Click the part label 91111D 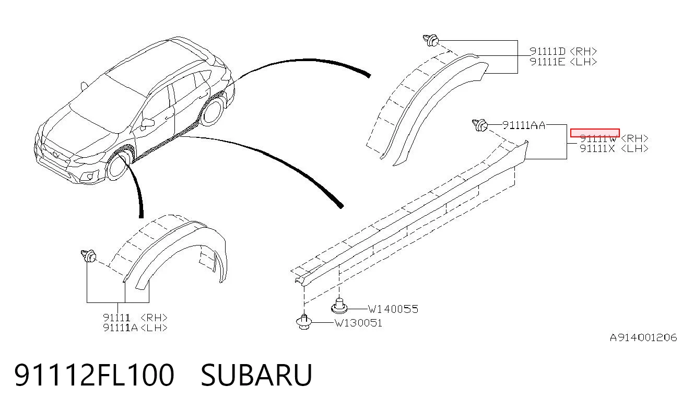[x=547, y=52]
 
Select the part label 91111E [x=547, y=62]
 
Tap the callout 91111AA [x=524, y=125]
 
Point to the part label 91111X [x=597, y=149]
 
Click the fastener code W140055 [x=393, y=309]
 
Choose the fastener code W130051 [x=358, y=323]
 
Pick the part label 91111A [x=120, y=328]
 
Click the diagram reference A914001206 [x=643, y=337]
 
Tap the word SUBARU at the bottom [x=256, y=375]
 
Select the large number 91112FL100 [x=94, y=375]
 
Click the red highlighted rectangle [x=595, y=133]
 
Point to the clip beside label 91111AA [x=480, y=125]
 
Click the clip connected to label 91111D [x=431, y=41]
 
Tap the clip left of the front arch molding [x=89, y=256]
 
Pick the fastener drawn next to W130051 [x=304, y=322]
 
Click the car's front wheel [x=117, y=167]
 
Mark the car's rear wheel [x=212, y=111]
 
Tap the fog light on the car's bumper [x=90, y=176]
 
